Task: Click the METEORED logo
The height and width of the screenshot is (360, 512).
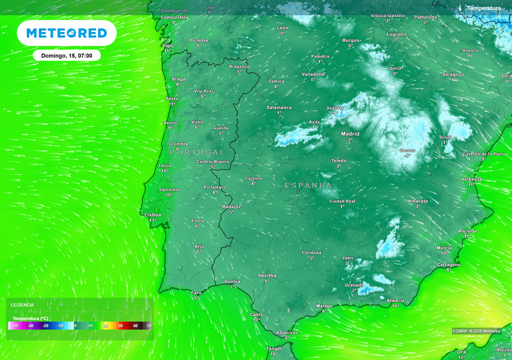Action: pyautogui.click(x=66, y=33)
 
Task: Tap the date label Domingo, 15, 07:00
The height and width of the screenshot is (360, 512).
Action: pyautogui.click(x=66, y=55)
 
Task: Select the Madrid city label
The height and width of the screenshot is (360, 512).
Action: pyautogui.click(x=350, y=134)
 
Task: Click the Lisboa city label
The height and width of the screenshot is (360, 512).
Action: pyautogui.click(x=152, y=215)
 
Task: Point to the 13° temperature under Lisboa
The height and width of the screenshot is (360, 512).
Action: pyautogui.click(x=152, y=220)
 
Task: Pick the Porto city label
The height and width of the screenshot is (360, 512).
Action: pyautogui.click(x=171, y=98)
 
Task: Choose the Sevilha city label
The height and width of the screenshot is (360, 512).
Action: pyautogui.click(x=266, y=275)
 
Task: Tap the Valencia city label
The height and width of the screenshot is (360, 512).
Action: pyautogui.click(x=471, y=179)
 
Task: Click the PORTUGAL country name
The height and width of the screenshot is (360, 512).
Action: pyautogui.click(x=197, y=152)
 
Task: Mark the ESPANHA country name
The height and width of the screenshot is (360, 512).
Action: pyautogui.click(x=308, y=185)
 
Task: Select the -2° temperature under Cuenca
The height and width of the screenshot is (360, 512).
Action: pyautogui.click(x=407, y=155)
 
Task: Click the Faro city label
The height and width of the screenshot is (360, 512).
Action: pyautogui.click(x=196, y=292)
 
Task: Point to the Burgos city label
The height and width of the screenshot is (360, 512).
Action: pyautogui.click(x=350, y=40)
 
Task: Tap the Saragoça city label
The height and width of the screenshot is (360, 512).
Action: pyautogui.click(x=453, y=74)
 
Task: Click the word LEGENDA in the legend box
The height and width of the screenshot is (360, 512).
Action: pyautogui.click(x=22, y=305)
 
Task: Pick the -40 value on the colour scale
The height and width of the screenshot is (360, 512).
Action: pyautogui.click(x=15, y=326)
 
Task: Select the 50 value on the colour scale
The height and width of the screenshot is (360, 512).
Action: pyautogui.click(x=149, y=326)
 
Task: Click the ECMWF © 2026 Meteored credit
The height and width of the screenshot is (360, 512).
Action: pyautogui.click(x=476, y=331)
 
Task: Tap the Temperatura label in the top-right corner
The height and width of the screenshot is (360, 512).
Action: pyautogui.click(x=483, y=8)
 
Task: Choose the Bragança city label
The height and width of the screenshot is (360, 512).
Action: pyautogui.click(x=239, y=66)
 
